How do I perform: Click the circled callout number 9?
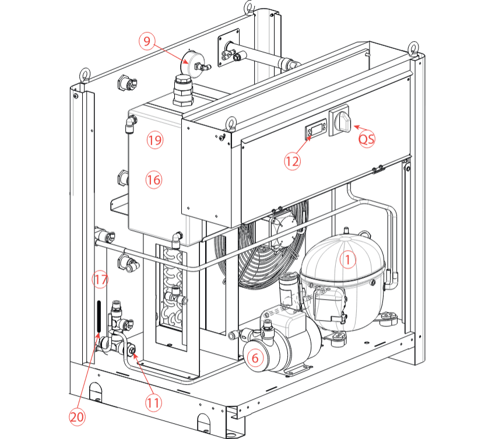[148, 41]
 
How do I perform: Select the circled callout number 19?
[155, 140]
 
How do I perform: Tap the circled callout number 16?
[153, 180]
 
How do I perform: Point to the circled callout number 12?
[293, 161]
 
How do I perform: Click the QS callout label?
[367, 139]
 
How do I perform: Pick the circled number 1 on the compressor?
[348, 259]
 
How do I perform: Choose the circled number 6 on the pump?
[255, 356]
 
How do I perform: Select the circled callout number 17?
[100, 280]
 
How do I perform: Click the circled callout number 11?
[154, 402]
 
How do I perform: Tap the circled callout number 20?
[78, 417]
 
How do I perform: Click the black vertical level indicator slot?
[99, 317]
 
